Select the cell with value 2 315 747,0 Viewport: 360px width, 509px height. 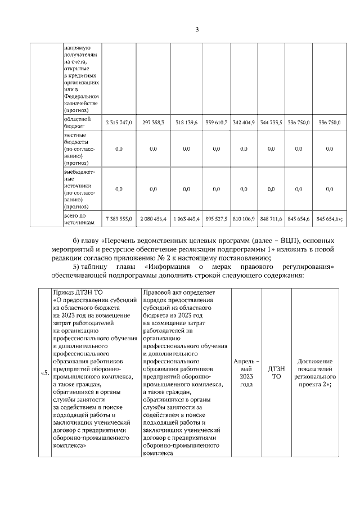click(x=119, y=123)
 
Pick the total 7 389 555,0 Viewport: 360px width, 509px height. click(x=119, y=219)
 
